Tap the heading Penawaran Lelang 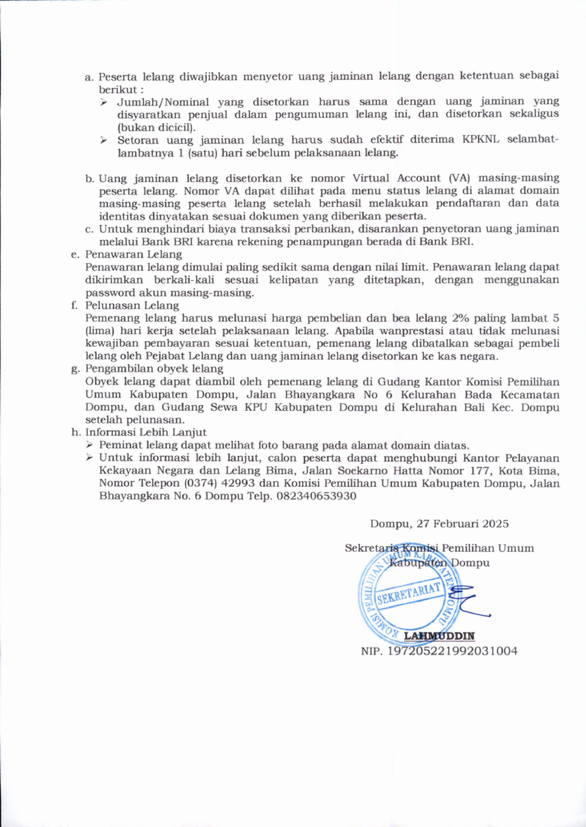pos(134,254)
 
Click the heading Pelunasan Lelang pos(132,306)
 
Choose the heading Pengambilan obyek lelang pos(154,369)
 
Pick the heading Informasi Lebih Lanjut pos(146,432)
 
